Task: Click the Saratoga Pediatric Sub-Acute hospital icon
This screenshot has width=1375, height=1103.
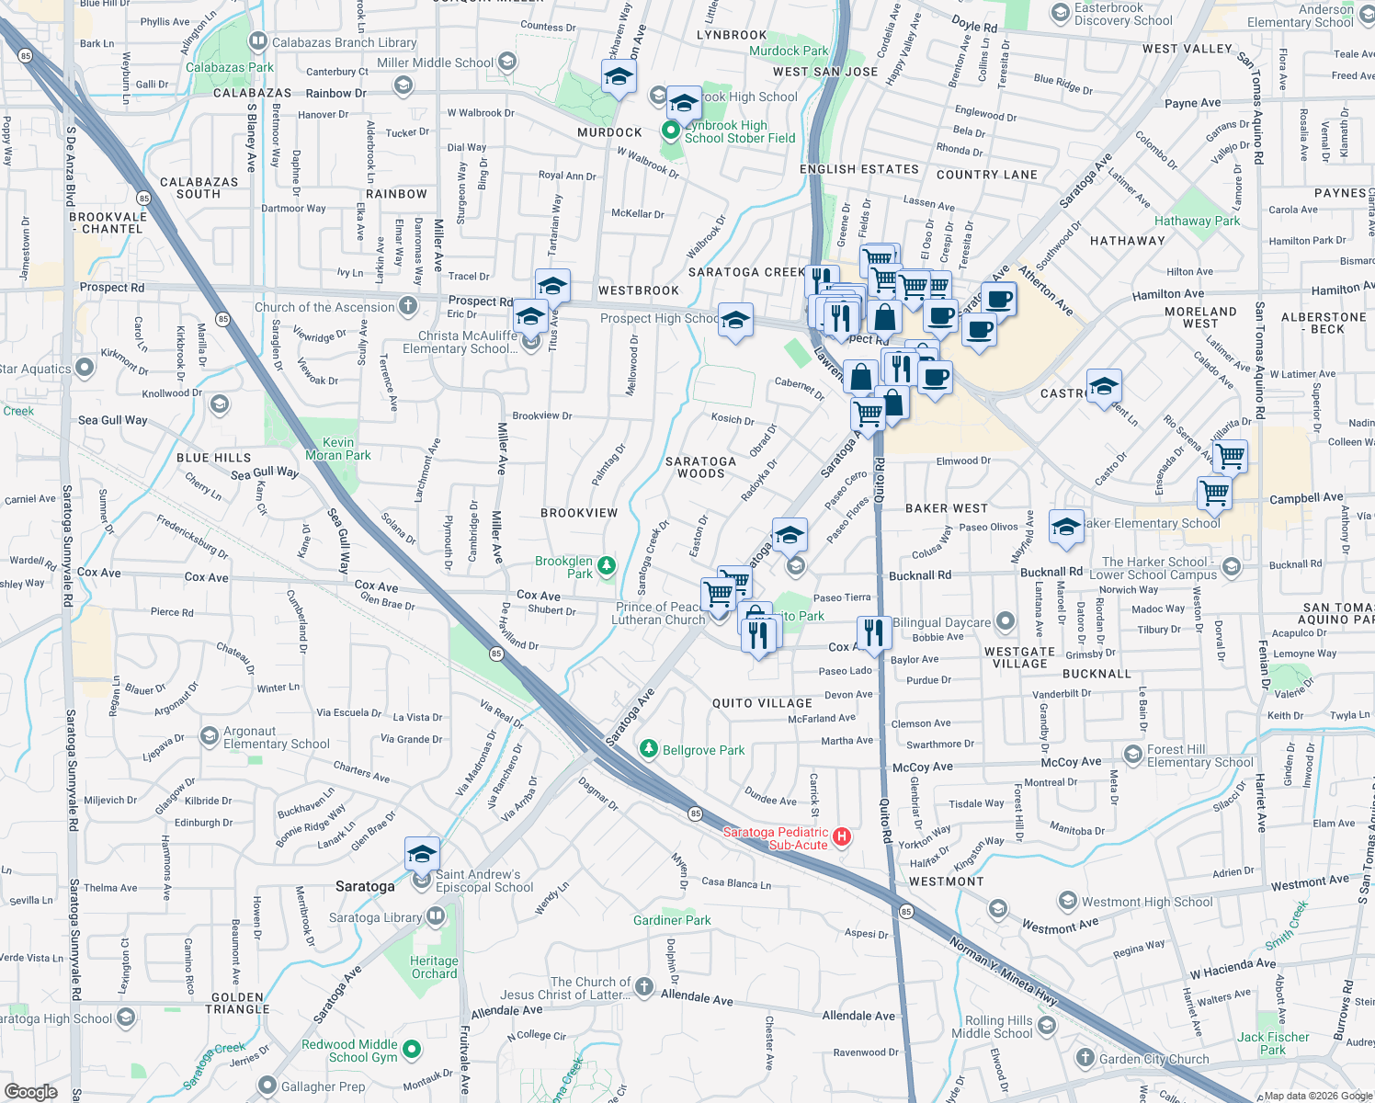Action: pyautogui.click(x=842, y=837)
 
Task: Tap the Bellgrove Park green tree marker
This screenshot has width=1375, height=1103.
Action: pyautogui.click(x=649, y=750)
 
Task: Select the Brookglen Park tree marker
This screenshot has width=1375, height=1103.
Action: pyautogui.click(x=607, y=566)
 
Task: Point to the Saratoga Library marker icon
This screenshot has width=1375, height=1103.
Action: pyautogui.click(x=436, y=916)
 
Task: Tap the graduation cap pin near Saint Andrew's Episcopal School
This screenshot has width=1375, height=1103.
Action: pyautogui.click(x=422, y=855)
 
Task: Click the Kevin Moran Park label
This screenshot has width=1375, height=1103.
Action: pyautogui.click(x=338, y=449)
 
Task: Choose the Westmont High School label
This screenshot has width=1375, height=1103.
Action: pyautogui.click(x=1147, y=902)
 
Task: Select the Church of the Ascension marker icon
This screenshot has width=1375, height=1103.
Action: pyautogui.click(x=408, y=307)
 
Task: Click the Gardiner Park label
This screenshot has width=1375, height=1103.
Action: pyautogui.click(x=672, y=920)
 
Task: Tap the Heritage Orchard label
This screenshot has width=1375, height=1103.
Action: pyautogui.click(x=434, y=967)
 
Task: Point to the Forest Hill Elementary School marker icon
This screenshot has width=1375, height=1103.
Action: pyautogui.click(x=1132, y=756)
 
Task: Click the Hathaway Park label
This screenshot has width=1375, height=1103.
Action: pyautogui.click(x=1197, y=221)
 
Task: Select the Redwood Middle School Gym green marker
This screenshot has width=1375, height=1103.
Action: pyautogui.click(x=412, y=1049)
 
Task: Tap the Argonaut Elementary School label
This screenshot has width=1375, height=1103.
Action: pyautogui.click(x=276, y=738)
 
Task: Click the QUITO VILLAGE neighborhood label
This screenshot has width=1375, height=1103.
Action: pyautogui.click(x=762, y=703)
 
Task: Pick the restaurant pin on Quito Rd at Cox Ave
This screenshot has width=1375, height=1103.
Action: pyautogui.click(x=874, y=632)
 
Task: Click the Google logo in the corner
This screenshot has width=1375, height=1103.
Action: pyautogui.click(x=31, y=1091)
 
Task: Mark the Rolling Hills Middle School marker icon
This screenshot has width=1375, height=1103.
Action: pyautogui.click(x=1046, y=1026)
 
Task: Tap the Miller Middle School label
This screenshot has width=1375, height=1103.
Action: pyautogui.click(x=435, y=63)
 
